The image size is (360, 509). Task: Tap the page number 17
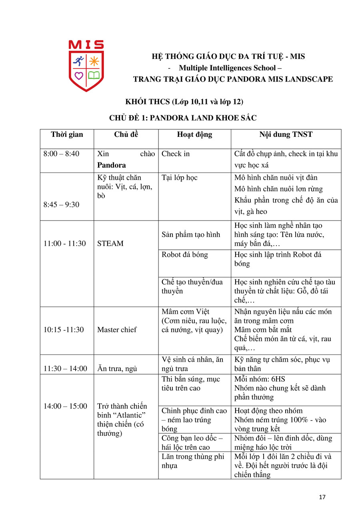[x=322, y=497]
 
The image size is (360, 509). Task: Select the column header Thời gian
[x=67, y=134]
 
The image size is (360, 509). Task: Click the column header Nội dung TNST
[x=286, y=134]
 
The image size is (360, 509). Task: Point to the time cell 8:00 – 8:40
[x=61, y=154]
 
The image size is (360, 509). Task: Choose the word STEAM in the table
[x=110, y=243]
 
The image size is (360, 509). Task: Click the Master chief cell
[x=117, y=330]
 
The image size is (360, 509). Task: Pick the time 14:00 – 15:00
[x=65, y=406]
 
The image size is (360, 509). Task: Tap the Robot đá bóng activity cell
[x=185, y=254]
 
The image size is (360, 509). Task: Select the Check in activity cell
[x=176, y=154]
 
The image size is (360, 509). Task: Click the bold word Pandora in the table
[x=112, y=165]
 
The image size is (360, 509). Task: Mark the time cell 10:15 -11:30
[x=64, y=330]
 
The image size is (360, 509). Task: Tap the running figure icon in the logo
[x=79, y=61]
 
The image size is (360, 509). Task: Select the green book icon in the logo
[x=94, y=75]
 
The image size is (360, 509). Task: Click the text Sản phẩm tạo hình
[x=191, y=234]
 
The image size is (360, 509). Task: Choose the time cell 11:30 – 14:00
[x=65, y=369]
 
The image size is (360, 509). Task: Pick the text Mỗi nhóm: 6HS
[x=260, y=379]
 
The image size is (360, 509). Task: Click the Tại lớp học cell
[x=180, y=177]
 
